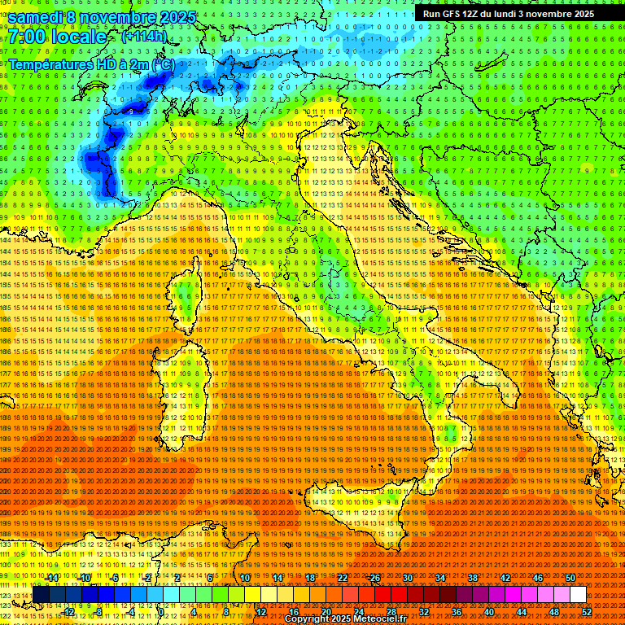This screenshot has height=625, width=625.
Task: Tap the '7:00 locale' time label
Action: click(57, 37)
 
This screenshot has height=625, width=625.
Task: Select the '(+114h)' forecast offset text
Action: click(144, 36)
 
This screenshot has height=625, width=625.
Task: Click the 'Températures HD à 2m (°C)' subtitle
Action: click(91, 63)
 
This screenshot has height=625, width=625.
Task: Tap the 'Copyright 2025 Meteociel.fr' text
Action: click(351, 619)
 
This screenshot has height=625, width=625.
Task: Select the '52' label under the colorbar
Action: click(587, 612)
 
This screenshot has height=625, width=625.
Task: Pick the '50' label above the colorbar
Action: click(570, 578)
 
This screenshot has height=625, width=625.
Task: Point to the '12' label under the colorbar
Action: click(261, 612)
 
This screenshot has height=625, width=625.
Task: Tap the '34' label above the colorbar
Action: click(440, 578)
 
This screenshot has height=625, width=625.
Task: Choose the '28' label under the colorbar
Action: click(391, 612)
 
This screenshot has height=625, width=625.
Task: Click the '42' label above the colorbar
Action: click(505, 578)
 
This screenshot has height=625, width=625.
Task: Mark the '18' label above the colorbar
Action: click(310, 578)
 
